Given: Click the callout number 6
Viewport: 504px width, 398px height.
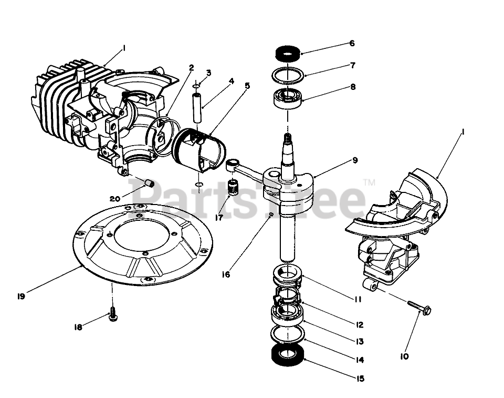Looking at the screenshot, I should pyautogui.click(x=352, y=44).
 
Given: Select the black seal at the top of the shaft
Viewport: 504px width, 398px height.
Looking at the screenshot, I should pyautogui.click(x=288, y=53).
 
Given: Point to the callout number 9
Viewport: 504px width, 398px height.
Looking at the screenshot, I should pyautogui.click(x=356, y=160).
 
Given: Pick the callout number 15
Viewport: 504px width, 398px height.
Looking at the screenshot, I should pyautogui.click(x=360, y=379).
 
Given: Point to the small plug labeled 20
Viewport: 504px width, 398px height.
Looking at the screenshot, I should pyautogui.click(x=149, y=183).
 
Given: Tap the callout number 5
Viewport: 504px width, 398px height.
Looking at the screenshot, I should pyautogui.click(x=247, y=85).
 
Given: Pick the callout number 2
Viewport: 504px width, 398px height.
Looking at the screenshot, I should pyautogui.click(x=192, y=68).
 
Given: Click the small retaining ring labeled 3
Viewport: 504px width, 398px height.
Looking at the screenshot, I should pyautogui.click(x=195, y=85).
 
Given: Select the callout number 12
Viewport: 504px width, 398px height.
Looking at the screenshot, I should pyautogui.click(x=359, y=325).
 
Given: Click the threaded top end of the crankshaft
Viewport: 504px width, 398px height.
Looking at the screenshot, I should pyautogui.click(x=288, y=139).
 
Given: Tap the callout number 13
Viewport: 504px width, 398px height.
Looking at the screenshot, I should pyautogui.click(x=359, y=342).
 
